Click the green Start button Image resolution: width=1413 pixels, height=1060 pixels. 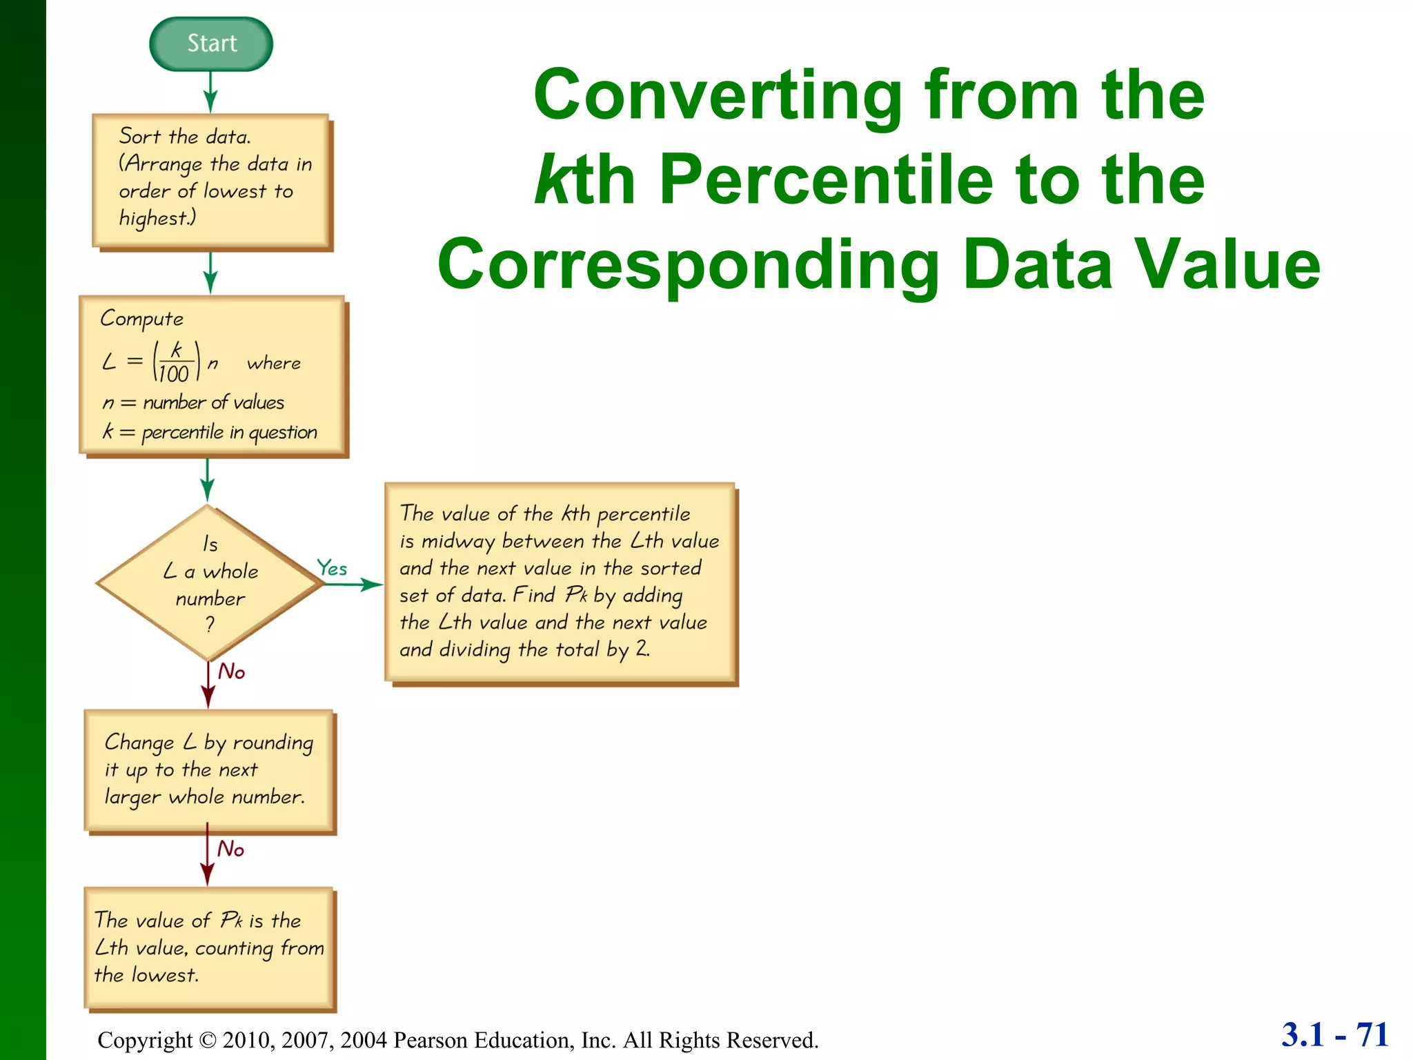[x=211, y=43]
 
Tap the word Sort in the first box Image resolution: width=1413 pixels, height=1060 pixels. [x=139, y=136]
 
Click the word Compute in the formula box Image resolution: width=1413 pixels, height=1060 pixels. [x=142, y=319]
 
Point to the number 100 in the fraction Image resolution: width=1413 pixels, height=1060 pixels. [x=173, y=373]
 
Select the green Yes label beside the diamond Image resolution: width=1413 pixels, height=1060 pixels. [x=332, y=568]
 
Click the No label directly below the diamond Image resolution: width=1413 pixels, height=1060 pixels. [x=232, y=671]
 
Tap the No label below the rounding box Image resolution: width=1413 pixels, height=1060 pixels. [x=231, y=848]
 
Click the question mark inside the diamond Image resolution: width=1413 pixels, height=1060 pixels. [x=210, y=624]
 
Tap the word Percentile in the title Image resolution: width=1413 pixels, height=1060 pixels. [x=825, y=179]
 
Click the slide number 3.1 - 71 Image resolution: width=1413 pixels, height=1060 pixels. [x=1334, y=1034]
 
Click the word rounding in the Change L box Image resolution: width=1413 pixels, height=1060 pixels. [x=273, y=743]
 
